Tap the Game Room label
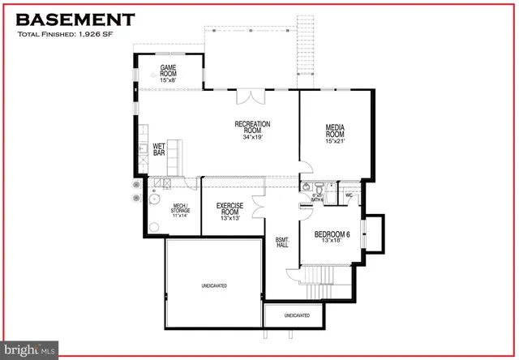168,73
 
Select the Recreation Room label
252,131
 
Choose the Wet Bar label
160,151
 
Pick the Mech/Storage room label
179,209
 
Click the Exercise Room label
230,212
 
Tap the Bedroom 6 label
332,238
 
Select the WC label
349,195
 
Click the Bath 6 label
317,197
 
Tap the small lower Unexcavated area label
297,315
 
